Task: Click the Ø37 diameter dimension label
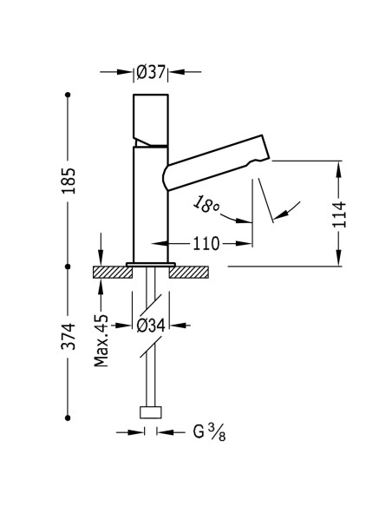(x=151, y=73)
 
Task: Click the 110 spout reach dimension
(x=206, y=244)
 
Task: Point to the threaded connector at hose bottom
(x=151, y=413)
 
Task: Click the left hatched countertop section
(x=111, y=272)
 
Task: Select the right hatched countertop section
(x=188, y=272)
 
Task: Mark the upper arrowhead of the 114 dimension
(x=339, y=164)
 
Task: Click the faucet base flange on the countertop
(x=151, y=264)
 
